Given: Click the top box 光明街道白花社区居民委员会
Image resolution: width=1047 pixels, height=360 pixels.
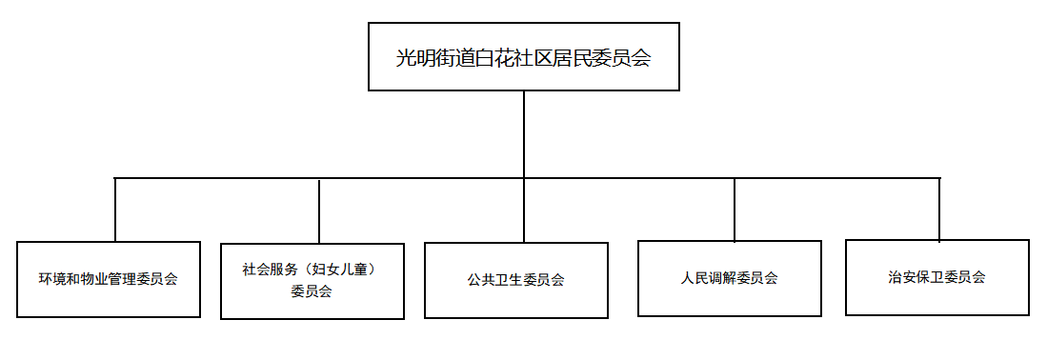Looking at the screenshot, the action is click(524, 57).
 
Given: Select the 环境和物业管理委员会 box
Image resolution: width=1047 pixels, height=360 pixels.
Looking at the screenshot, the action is click(109, 279).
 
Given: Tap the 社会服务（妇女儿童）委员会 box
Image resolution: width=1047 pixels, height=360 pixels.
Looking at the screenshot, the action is click(312, 281).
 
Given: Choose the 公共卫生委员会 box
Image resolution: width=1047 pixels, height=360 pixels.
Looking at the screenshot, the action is click(516, 280).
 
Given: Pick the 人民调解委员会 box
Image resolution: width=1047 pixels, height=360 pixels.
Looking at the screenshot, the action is click(729, 278).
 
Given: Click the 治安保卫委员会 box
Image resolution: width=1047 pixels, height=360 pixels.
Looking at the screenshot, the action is click(936, 277).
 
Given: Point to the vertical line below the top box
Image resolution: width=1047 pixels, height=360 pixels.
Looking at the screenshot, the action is click(524, 134).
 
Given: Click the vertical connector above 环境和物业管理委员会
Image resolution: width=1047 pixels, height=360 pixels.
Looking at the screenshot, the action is click(115, 210).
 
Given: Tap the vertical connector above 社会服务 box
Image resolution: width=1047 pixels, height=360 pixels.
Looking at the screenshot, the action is click(319, 211).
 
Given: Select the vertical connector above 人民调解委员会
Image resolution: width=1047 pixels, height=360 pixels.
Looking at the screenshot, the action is click(735, 210).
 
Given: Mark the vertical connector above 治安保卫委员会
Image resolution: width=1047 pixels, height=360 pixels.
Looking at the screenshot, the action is click(938, 210).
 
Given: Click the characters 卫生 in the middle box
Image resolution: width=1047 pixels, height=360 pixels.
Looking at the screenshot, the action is click(509, 280).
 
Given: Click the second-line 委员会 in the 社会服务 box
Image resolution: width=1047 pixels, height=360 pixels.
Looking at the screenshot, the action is click(312, 291).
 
